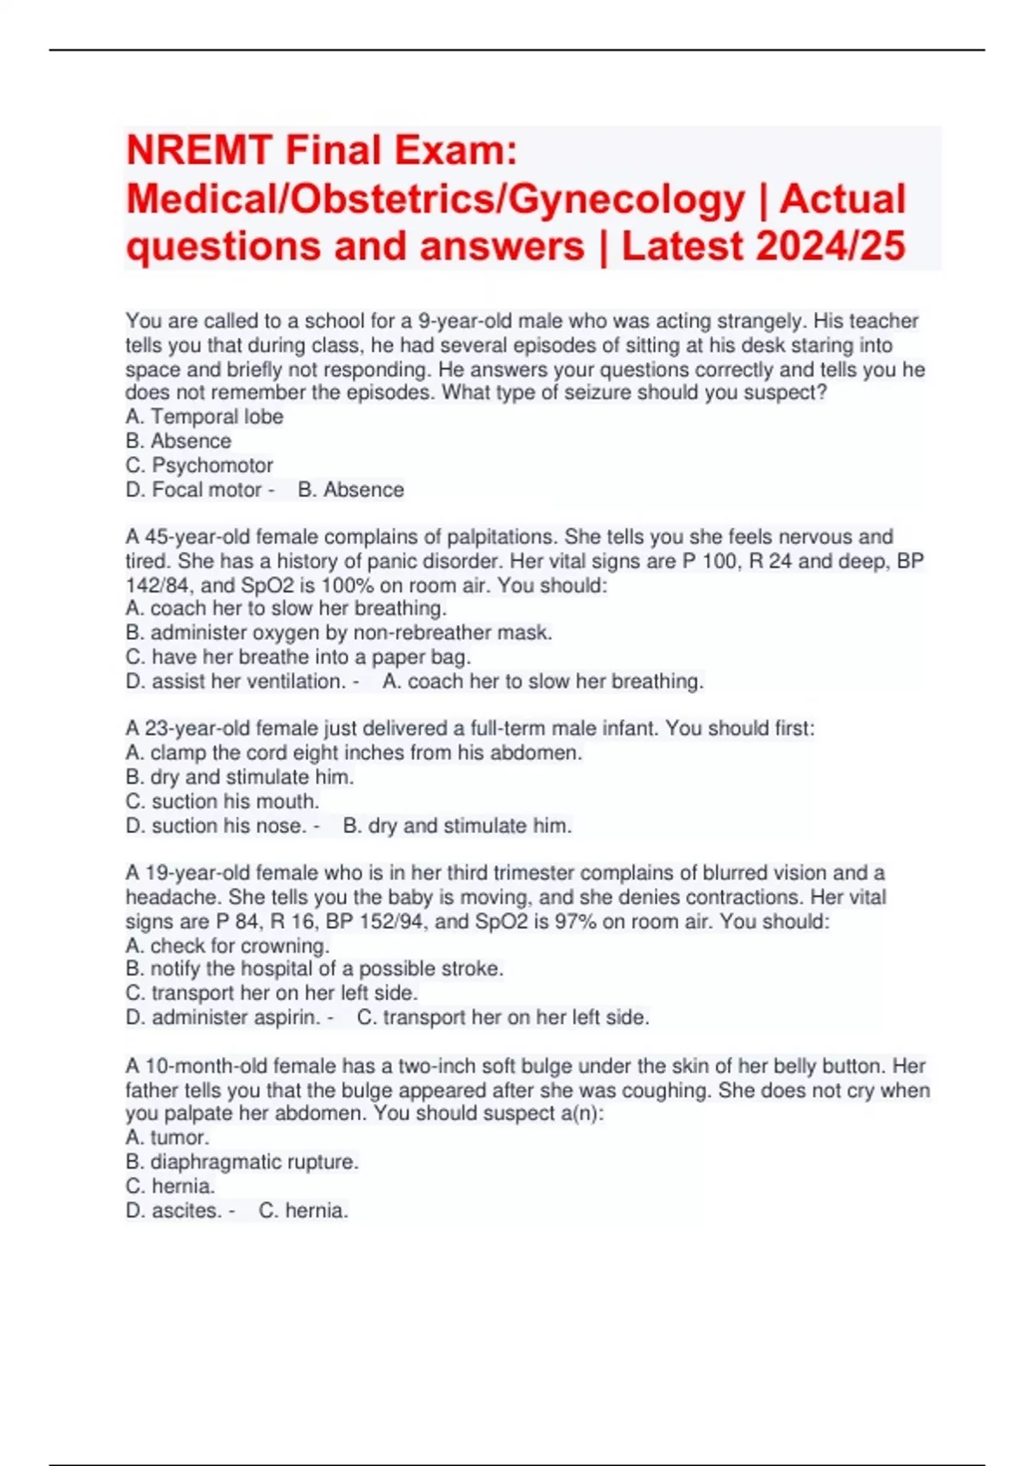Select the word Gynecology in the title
[626, 198]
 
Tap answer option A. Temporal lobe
[204, 417]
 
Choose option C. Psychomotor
[199, 465]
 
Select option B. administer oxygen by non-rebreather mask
[339, 632]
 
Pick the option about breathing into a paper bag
[298, 656]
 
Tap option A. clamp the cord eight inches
[354, 752]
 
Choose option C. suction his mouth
[223, 801]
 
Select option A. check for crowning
[228, 945]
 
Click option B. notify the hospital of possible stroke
[315, 968]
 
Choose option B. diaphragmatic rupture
[242, 1162]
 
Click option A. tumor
[168, 1137]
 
